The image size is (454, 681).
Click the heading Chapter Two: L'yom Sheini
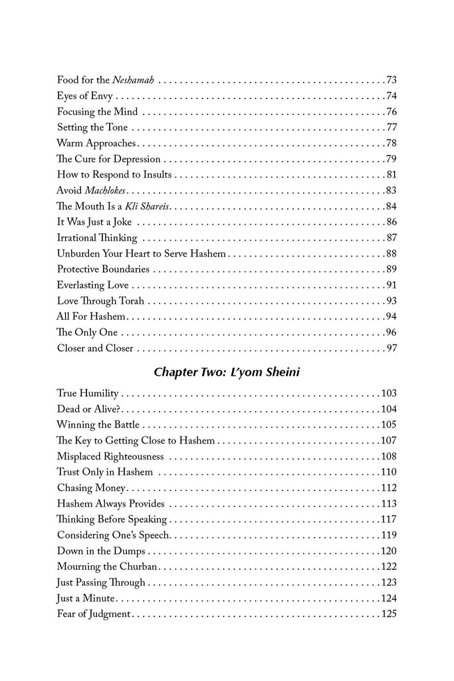[x=226, y=372]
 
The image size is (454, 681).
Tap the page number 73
[x=391, y=80]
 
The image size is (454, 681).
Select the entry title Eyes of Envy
[x=84, y=96]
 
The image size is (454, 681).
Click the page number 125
[x=389, y=613]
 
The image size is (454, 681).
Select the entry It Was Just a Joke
[x=96, y=222]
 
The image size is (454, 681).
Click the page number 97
[x=391, y=348]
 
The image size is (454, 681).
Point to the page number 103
[x=389, y=393]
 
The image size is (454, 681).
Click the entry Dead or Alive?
[x=88, y=408]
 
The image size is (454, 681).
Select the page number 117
[x=389, y=519]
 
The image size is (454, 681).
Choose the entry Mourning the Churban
[x=108, y=566]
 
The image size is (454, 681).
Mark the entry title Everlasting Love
[x=98, y=285]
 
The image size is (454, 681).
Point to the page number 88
[x=391, y=253]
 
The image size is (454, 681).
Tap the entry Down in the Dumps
[x=101, y=551]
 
